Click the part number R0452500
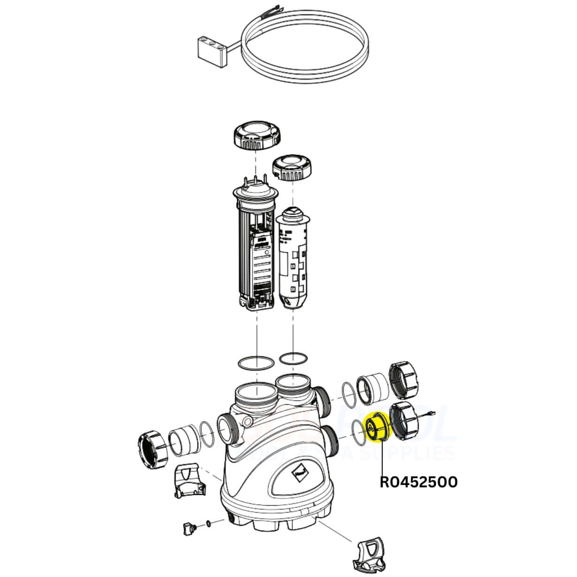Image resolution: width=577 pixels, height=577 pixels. [x=418, y=482]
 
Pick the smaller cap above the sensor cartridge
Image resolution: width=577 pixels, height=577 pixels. [x=292, y=168]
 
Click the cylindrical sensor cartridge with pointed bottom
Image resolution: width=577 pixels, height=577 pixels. [x=293, y=258]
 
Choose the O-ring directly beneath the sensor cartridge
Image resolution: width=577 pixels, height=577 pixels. [x=293, y=359]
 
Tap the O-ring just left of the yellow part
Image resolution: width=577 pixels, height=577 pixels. [x=359, y=431]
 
